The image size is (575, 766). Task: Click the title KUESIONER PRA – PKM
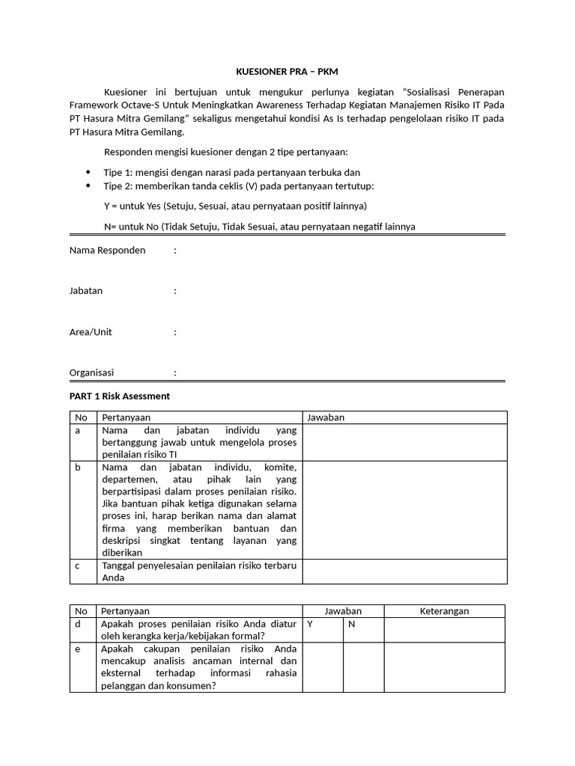[x=287, y=72]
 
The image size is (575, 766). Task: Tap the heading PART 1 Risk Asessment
[x=120, y=396]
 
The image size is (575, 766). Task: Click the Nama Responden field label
[x=107, y=250]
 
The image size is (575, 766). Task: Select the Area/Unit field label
[x=91, y=331]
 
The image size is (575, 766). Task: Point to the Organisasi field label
[x=92, y=372]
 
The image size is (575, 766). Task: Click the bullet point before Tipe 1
[x=88, y=172]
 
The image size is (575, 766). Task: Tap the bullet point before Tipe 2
[x=88, y=186]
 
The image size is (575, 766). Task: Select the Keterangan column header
[x=444, y=611]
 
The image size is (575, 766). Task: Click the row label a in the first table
[x=77, y=431]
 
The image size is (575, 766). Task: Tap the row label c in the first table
[x=77, y=566]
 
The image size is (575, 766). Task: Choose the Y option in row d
[x=310, y=624]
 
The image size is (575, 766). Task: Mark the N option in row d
[x=350, y=624]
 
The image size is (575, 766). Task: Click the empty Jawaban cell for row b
[x=404, y=509]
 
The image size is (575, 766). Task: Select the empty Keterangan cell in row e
[x=444, y=667]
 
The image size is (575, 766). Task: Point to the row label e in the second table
[x=77, y=649]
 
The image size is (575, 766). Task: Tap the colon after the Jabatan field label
[x=175, y=291]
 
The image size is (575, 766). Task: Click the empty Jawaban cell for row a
[x=404, y=442]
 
